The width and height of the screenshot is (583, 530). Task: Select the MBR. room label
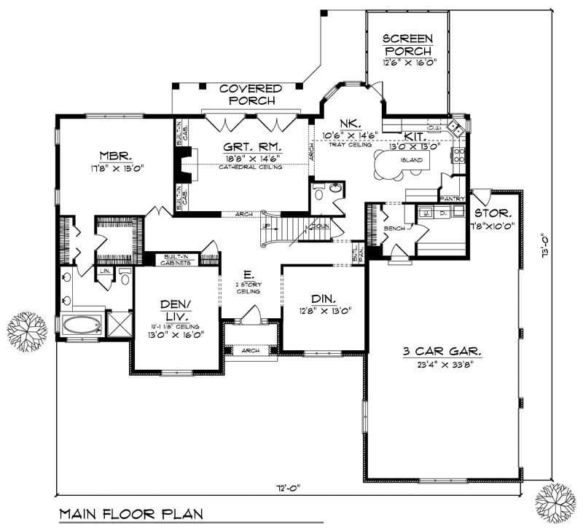click(115, 155)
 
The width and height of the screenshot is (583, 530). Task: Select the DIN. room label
click(322, 299)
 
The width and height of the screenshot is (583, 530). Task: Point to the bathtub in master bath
click(81, 324)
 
